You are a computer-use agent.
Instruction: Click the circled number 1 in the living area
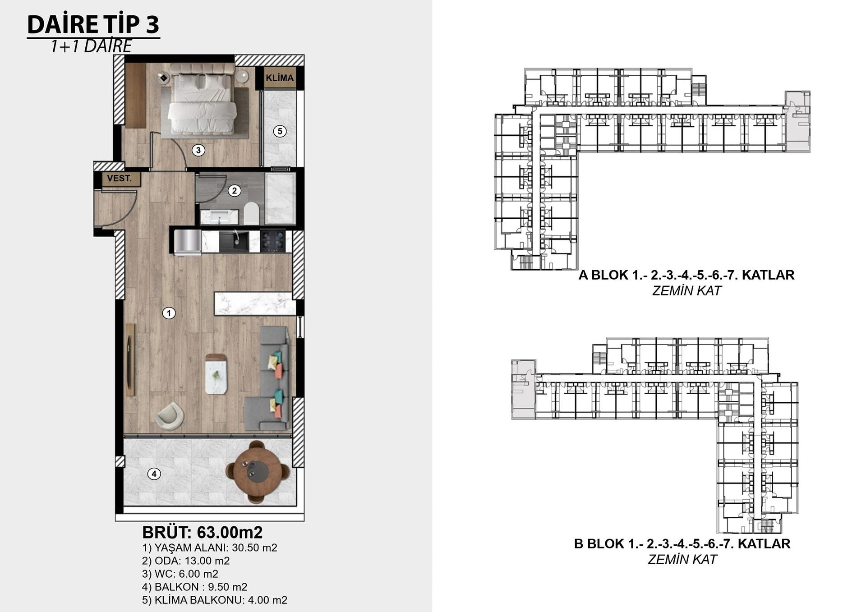pyautogui.click(x=169, y=313)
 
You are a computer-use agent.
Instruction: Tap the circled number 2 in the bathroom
pyautogui.click(x=234, y=190)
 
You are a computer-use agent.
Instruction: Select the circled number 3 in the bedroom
pyautogui.click(x=198, y=150)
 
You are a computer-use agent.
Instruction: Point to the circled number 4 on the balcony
pyautogui.click(x=154, y=474)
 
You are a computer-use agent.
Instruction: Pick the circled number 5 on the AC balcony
pyautogui.click(x=280, y=131)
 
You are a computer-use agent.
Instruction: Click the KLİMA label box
pyautogui.click(x=280, y=78)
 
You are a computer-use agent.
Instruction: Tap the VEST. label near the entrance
pyautogui.click(x=120, y=179)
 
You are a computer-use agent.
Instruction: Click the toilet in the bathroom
pyautogui.click(x=251, y=213)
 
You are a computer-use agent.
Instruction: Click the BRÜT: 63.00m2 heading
pyautogui.click(x=203, y=532)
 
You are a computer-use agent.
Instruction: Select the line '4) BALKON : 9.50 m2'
pyautogui.click(x=195, y=587)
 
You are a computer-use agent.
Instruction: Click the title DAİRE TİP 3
pyautogui.click(x=93, y=24)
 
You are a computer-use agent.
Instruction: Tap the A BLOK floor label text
pyautogui.click(x=686, y=275)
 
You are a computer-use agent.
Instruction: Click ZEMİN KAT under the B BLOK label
pyautogui.click(x=682, y=559)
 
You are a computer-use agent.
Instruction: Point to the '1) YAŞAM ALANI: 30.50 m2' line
pyautogui.click(x=210, y=548)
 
